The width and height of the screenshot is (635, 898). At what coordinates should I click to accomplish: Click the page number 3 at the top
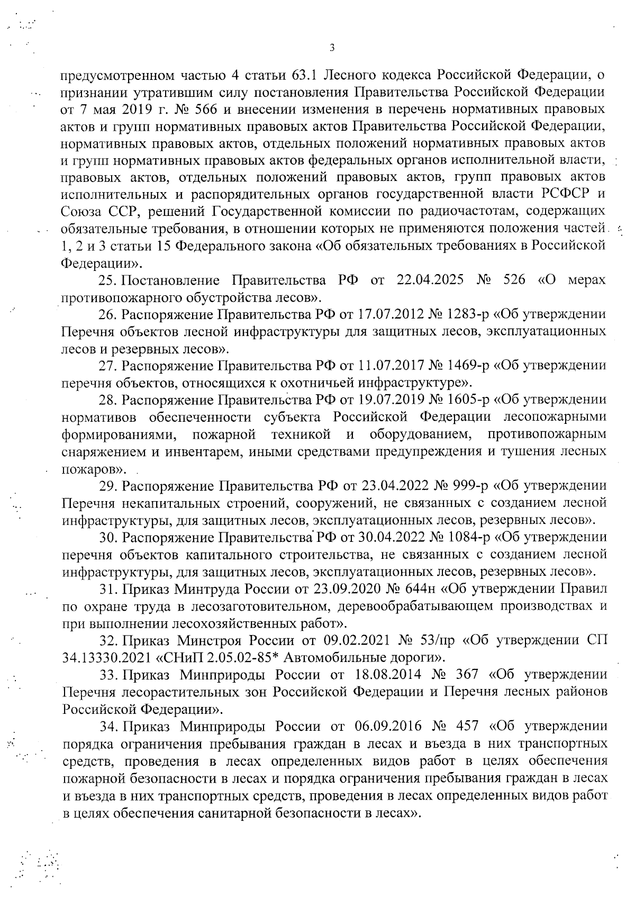click(332, 48)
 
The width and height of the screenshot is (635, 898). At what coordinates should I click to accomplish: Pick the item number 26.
click(107, 314)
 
